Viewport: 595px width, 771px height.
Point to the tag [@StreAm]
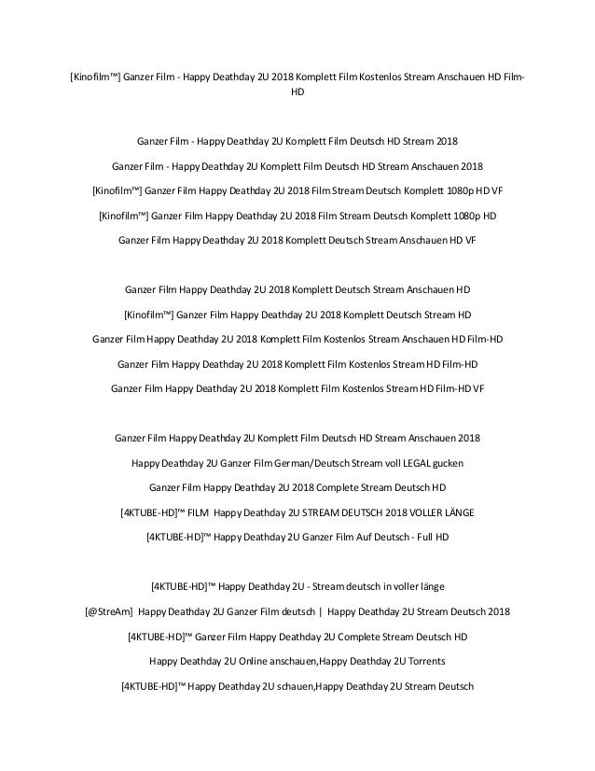109,611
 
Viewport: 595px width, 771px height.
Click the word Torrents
421,661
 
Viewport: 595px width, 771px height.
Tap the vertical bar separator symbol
319,611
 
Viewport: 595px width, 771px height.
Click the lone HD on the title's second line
297,94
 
